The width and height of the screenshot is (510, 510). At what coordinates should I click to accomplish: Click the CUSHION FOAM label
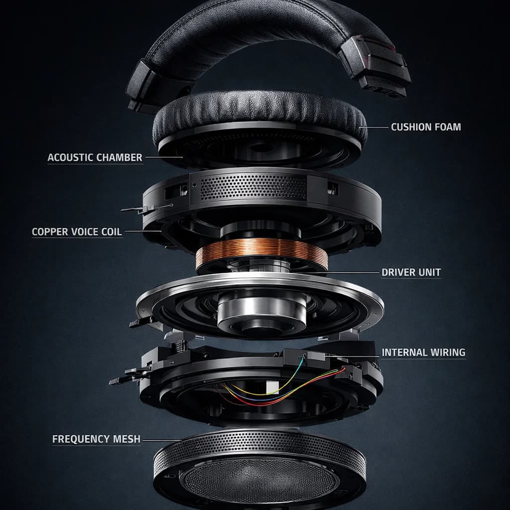coord(426,127)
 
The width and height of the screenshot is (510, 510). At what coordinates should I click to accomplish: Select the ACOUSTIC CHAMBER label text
coord(95,157)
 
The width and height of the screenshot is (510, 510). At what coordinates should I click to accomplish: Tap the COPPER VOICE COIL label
coord(77,232)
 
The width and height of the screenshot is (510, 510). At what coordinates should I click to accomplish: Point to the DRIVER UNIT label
coord(411,272)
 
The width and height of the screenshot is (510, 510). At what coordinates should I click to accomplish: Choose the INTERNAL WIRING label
coord(423,353)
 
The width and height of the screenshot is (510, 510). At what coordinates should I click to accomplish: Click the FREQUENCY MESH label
coord(96,439)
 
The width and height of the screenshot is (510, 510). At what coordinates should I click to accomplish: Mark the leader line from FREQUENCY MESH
coord(162,441)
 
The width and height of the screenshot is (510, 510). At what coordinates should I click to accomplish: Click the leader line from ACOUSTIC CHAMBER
coord(164,157)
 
